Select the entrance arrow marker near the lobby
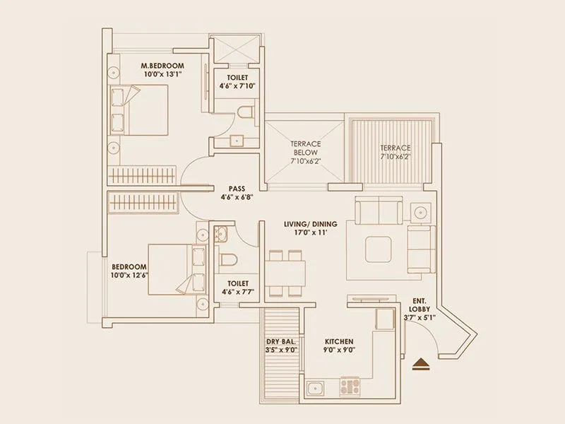(x=422, y=363)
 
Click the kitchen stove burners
(x=351, y=386)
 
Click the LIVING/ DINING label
(x=310, y=224)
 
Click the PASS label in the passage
(x=237, y=189)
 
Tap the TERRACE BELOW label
(x=305, y=147)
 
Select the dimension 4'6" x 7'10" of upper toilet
(x=237, y=86)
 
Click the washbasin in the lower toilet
(x=222, y=233)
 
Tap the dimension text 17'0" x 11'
(x=311, y=234)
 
